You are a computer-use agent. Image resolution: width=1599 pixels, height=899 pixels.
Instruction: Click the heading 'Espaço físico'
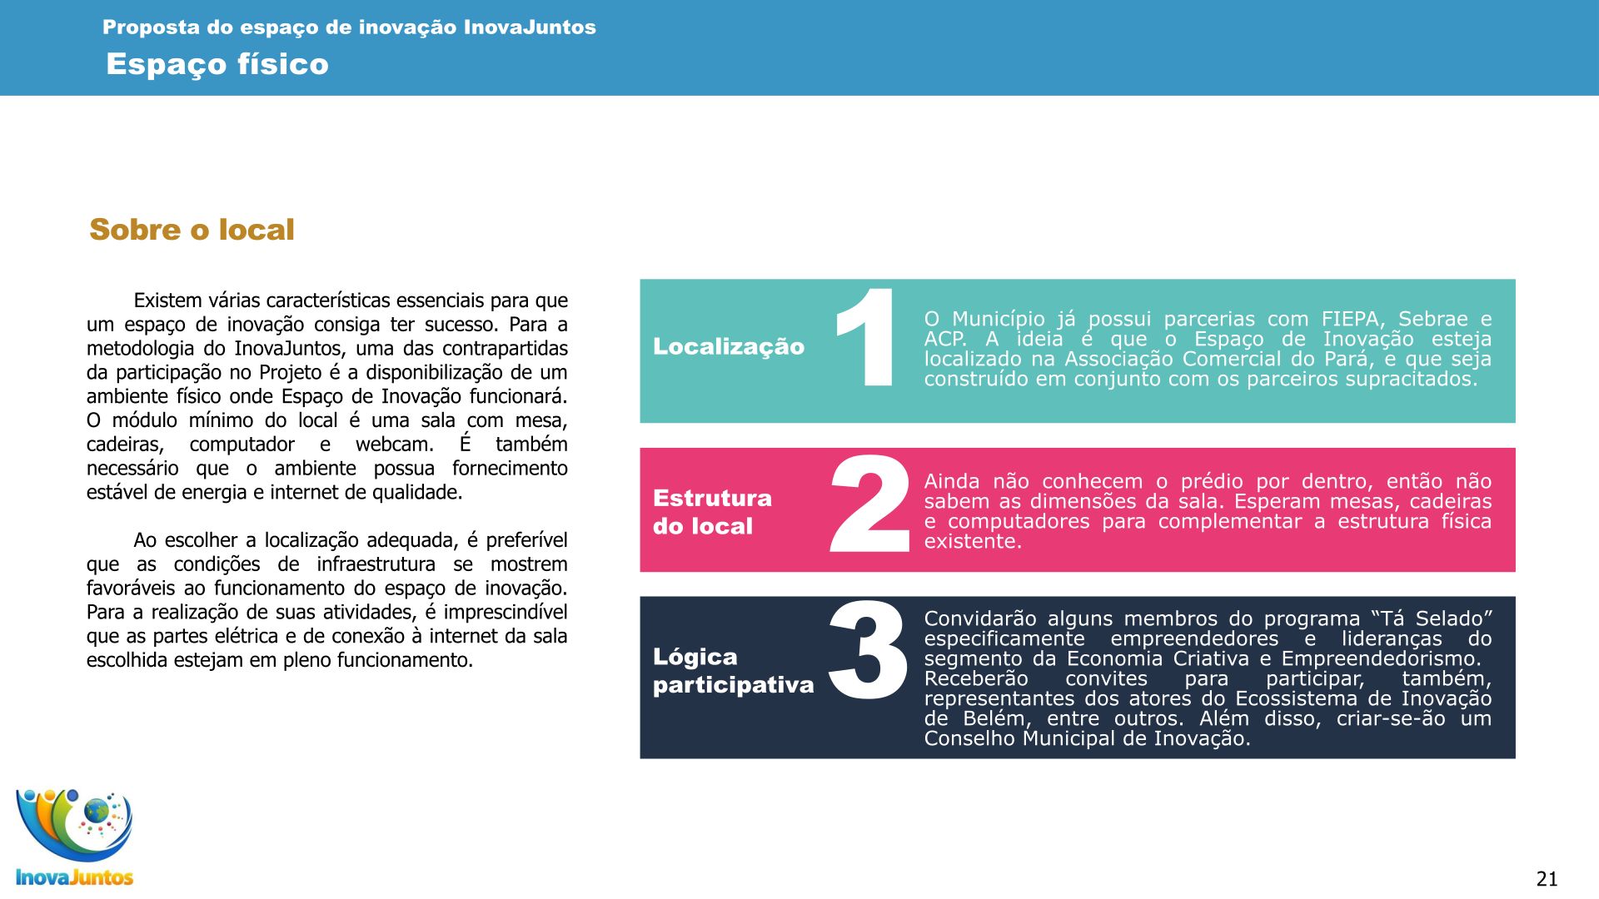tap(217, 64)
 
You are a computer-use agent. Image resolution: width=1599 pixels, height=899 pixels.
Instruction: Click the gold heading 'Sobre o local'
tap(192, 230)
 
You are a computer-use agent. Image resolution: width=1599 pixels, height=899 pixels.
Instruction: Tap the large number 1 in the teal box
tap(866, 338)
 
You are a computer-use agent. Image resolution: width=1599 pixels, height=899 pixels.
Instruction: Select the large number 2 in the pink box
tap(870, 504)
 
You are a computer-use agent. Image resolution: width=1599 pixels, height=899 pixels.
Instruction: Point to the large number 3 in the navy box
tap(868, 651)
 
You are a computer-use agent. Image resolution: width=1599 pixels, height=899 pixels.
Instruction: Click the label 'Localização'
tap(729, 346)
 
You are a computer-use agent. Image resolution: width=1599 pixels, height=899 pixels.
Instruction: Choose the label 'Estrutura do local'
tap(712, 512)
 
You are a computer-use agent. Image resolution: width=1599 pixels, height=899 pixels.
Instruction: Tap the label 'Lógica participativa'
tap(733, 671)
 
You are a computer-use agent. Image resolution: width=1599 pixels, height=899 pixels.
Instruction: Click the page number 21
tap(1547, 879)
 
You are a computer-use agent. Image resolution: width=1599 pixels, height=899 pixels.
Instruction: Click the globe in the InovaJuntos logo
tap(97, 809)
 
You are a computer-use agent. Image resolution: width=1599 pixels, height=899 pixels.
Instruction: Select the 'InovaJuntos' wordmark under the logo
tap(75, 877)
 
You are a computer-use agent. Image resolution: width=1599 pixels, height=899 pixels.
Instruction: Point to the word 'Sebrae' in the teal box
tap(1433, 320)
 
